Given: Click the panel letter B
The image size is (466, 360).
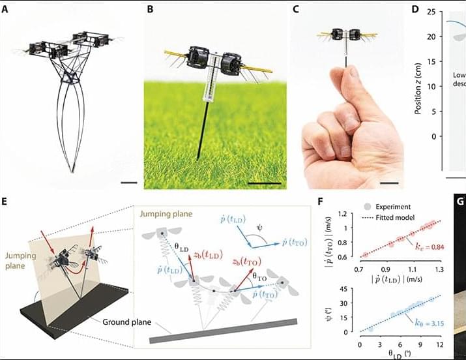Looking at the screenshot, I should pos(151,10).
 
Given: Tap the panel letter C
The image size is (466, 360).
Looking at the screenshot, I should pos(297,10).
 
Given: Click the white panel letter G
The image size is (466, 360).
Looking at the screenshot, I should pos(459,202).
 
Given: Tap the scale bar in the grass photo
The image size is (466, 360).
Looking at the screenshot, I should pos(264,184).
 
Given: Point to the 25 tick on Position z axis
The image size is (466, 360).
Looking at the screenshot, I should pos(431,12).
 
